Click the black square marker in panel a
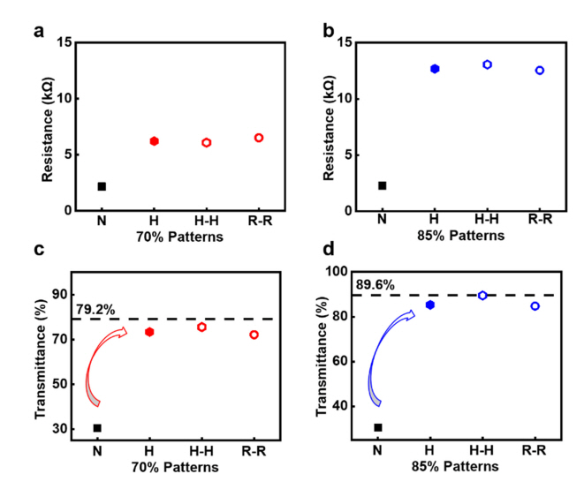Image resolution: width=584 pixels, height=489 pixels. tap(102, 186)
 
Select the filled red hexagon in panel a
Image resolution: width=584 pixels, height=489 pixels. tap(154, 141)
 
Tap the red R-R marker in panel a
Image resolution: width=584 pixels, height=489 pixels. tap(258, 138)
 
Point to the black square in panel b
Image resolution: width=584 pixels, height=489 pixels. tap(383, 185)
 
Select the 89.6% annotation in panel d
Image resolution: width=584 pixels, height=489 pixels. tap(375, 285)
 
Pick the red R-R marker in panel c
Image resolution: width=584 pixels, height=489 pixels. tap(254, 335)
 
